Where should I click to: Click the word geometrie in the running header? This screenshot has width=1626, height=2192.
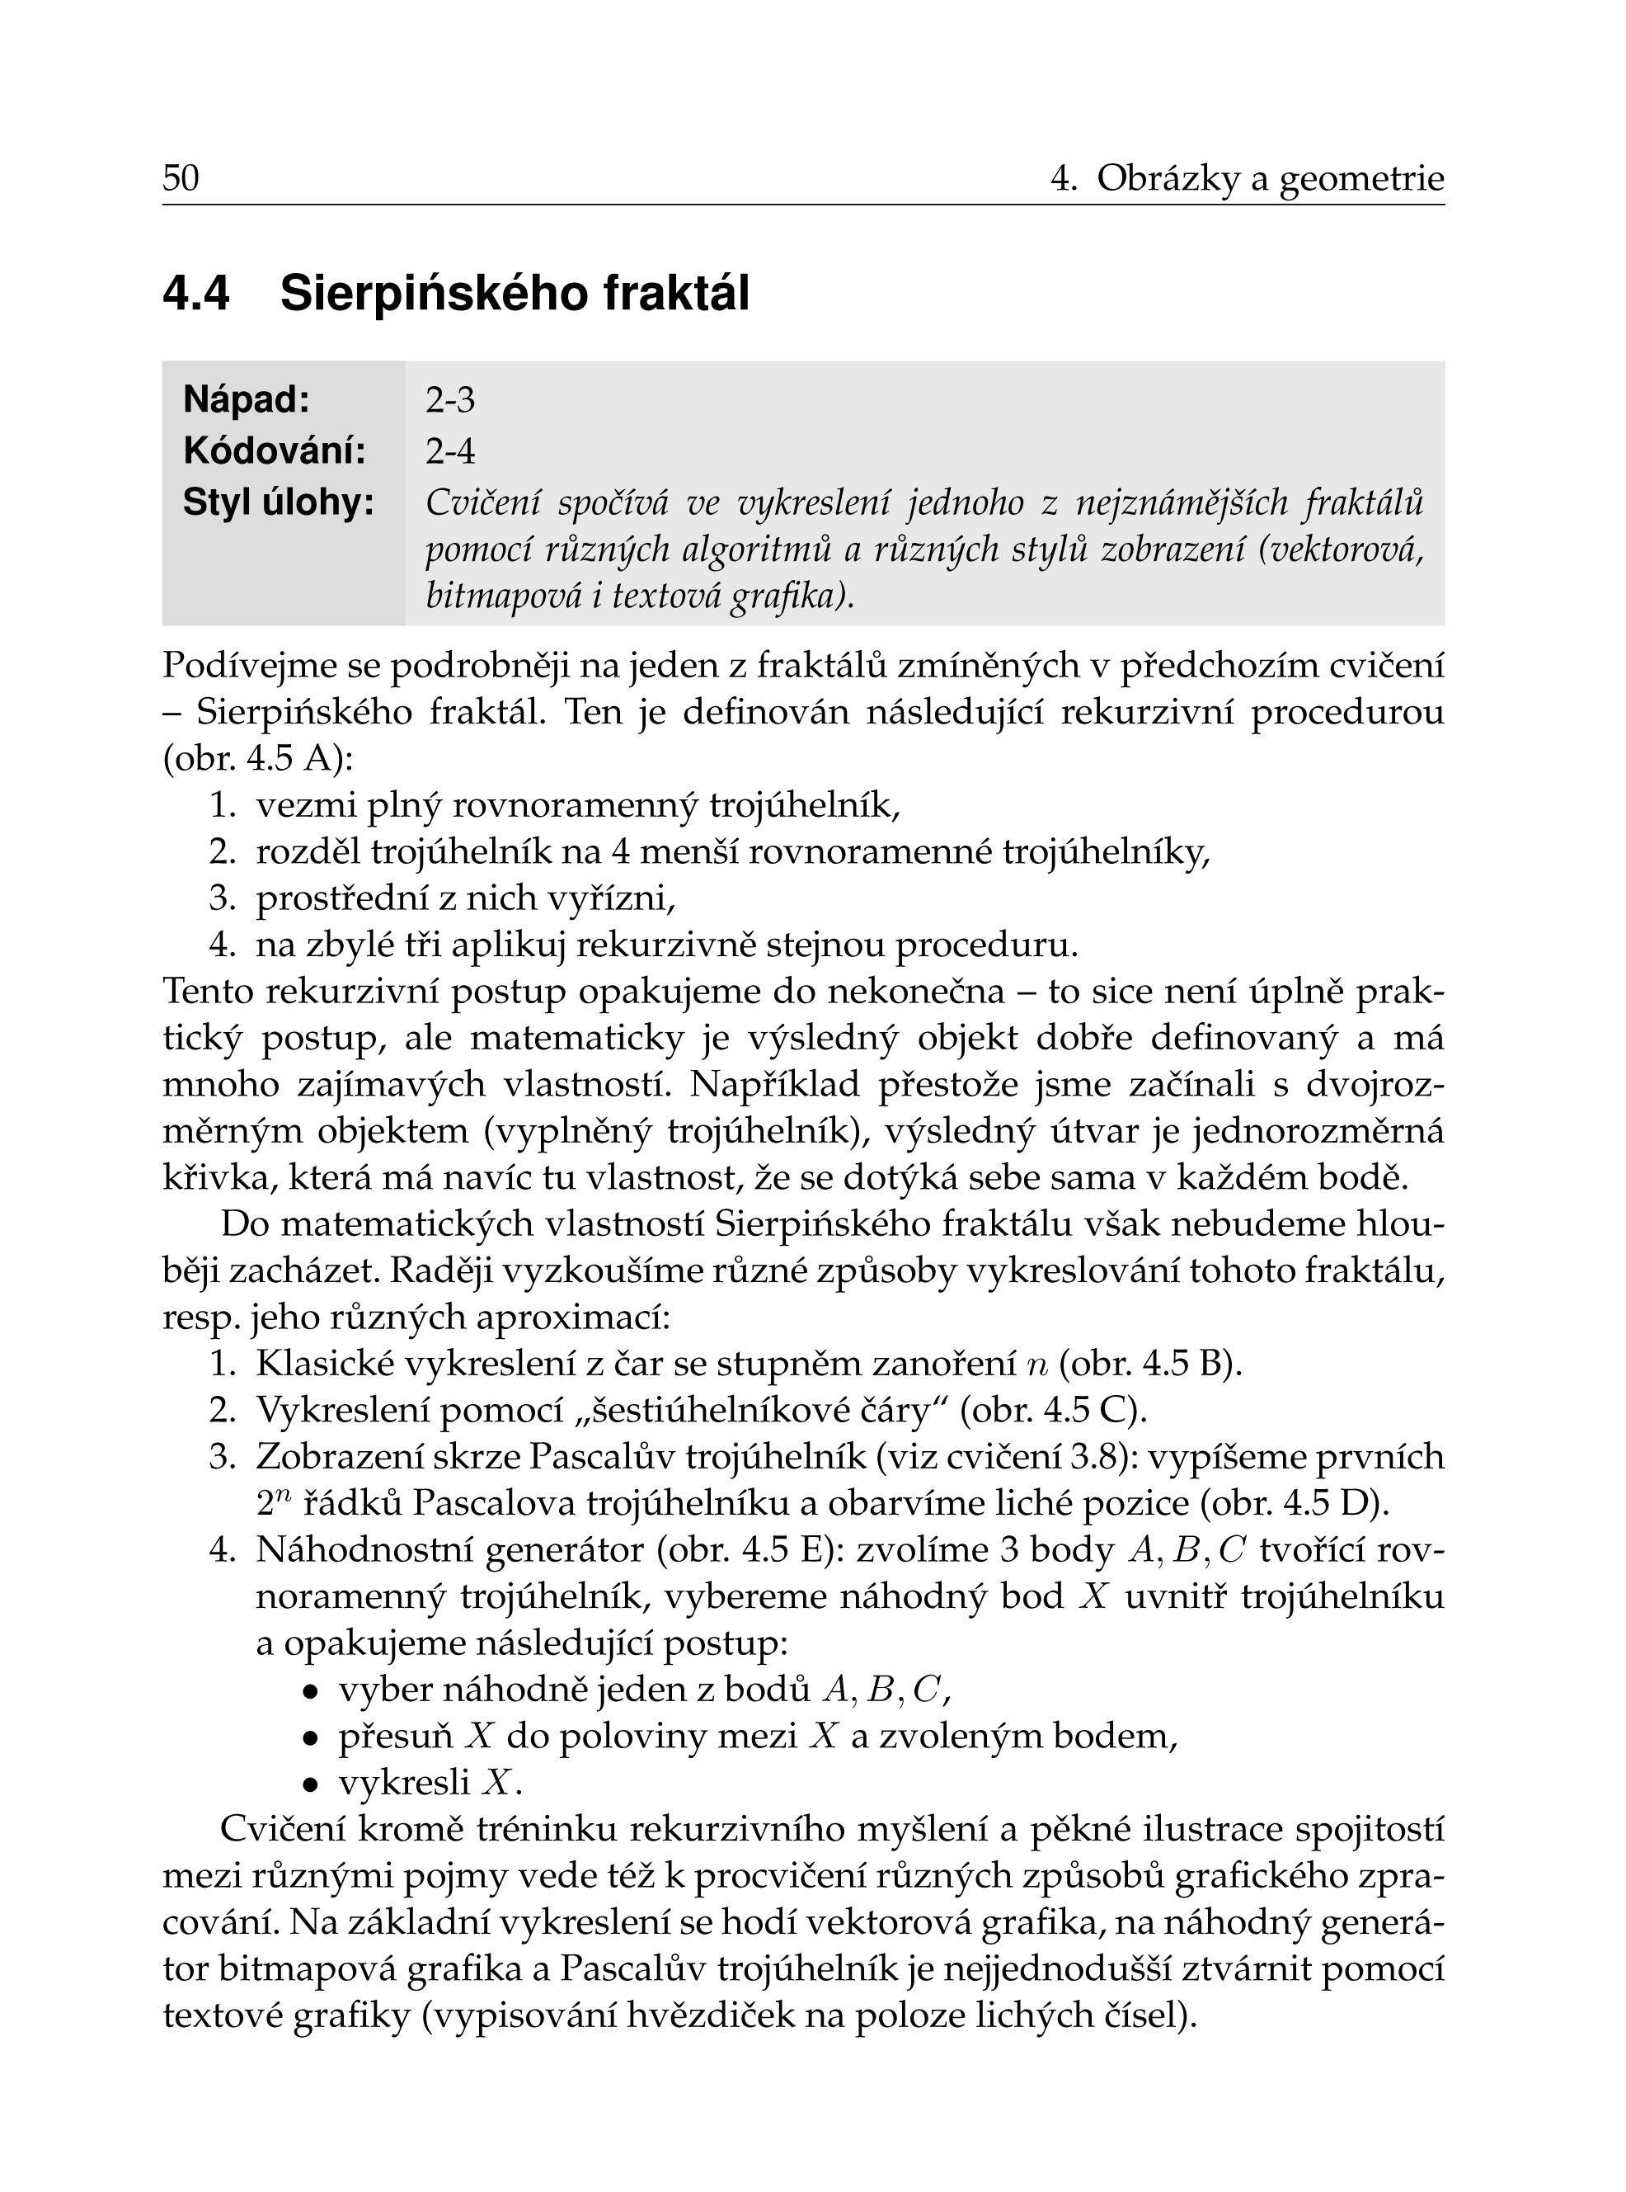pos(1361,179)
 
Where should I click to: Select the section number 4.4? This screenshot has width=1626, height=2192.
pos(196,293)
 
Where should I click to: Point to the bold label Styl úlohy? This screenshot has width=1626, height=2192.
pos(279,502)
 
